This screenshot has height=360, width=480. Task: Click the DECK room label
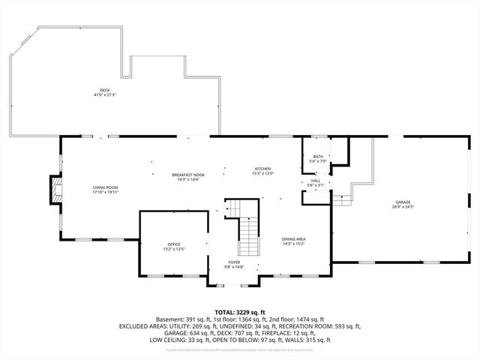click(x=105, y=91)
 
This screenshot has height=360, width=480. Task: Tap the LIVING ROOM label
click(x=105, y=187)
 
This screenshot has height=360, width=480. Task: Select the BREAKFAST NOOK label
click(x=188, y=175)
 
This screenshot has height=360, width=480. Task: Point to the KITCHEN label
click(x=262, y=169)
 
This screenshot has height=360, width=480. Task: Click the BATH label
click(x=319, y=157)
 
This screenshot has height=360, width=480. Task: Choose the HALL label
click(x=316, y=181)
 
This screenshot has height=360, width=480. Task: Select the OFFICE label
click(x=174, y=244)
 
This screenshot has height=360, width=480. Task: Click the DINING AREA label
click(x=293, y=238)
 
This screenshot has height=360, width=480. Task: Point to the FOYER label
click(x=235, y=262)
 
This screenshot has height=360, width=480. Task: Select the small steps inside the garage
click(x=342, y=199)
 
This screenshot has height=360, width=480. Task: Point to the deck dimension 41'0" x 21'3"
click(x=105, y=95)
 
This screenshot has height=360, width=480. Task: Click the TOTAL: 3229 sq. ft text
click(x=240, y=311)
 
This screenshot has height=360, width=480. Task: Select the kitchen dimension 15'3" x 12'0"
click(x=262, y=173)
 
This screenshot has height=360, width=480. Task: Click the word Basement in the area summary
click(x=169, y=319)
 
